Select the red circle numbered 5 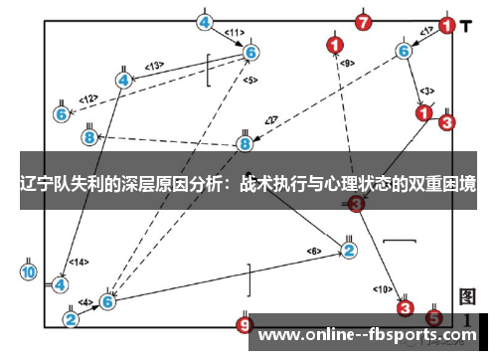(434, 317)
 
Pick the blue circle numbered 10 (29, 270)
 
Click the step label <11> (235, 32)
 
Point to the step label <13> (153, 66)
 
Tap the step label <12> (88, 98)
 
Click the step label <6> (314, 250)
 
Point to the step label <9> (347, 64)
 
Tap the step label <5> (249, 80)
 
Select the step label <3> (426, 90)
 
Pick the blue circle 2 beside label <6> (349, 250)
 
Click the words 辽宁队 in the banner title (50, 185)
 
